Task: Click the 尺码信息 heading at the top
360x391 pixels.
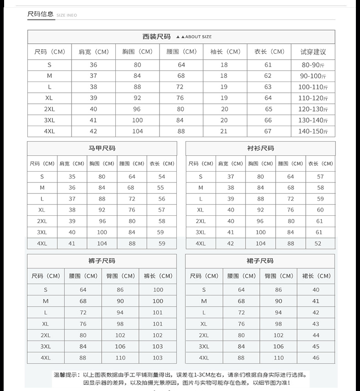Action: [x=41, y=14]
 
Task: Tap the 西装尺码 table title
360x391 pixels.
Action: [x=156, y=36]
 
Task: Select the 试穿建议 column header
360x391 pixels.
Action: [x=313, y=52]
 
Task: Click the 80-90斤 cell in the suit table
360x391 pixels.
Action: [x=313, y=65]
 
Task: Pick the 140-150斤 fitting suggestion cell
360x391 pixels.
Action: [x=313, y=131]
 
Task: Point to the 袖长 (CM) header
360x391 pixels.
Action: [x=225, y=52]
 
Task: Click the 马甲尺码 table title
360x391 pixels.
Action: [x=102, y=148]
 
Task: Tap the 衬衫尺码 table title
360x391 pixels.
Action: [x=260, y=148]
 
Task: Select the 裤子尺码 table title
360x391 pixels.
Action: [x=102, y=261]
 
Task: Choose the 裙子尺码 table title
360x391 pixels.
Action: [x=260, y=261]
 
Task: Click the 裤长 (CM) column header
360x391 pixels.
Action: [x=158, y=276]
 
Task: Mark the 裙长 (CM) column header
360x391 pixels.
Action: [x=316, y=276]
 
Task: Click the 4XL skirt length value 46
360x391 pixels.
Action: [x=316, y=358]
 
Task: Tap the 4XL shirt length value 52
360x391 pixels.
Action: [x=320, y=244]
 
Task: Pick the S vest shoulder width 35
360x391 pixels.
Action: [x=72, y=177]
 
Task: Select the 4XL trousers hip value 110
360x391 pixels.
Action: [x=120, y=358]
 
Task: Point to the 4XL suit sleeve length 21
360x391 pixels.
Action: [x=224, y=131]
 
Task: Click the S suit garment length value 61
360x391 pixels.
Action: [x=268, y=65]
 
